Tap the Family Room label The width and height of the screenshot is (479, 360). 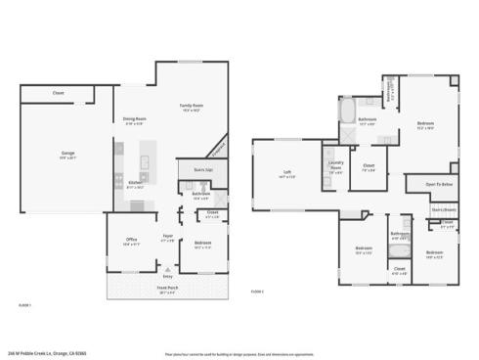(x=191, y=106)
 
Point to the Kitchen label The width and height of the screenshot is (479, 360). (x=134, y=183)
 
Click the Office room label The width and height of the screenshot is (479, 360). (x=131, y=241)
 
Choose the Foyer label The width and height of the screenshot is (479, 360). (x=168, y=236)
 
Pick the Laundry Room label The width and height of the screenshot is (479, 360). (x=334, y=164)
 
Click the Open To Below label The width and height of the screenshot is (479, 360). (x=439, y=184)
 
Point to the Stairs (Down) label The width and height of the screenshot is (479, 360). (x=444, y=208)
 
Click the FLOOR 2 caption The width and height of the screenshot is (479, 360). (x=258, y=291)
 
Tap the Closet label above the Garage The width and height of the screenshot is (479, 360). (x=59, y=94)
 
